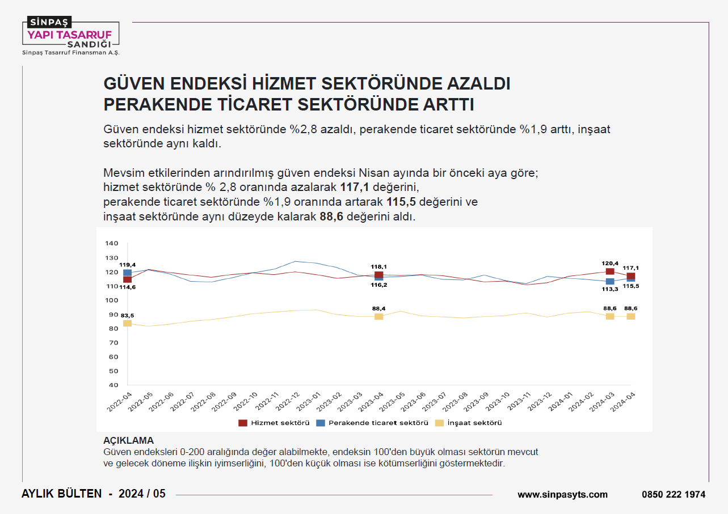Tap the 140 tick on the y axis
point(111,244)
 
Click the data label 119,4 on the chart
point(127,265)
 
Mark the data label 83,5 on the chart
point(127,315)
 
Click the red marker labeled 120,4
point(610,271)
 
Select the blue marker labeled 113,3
point(610,281)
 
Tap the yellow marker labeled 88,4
point(379,316)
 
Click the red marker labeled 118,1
point(379,275)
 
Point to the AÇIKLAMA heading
point(128,440)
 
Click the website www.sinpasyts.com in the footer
point(562,494)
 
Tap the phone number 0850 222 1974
point(674,494)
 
